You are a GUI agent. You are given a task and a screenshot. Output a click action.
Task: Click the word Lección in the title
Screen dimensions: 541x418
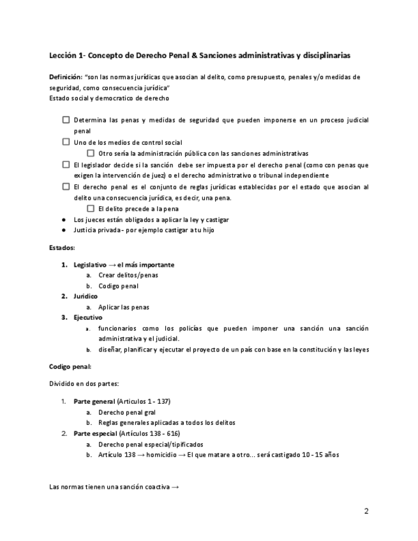click(x=63, y=56)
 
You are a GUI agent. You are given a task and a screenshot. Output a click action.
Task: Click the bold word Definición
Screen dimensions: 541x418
click(x=65, y=77)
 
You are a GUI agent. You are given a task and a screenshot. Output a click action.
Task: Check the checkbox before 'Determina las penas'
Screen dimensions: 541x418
click(x=66, y=120)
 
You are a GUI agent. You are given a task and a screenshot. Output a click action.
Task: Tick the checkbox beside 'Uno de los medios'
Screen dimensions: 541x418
click(x=66, y=142)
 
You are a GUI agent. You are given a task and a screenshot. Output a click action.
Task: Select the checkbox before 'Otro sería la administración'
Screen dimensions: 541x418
click(x=91, y=153)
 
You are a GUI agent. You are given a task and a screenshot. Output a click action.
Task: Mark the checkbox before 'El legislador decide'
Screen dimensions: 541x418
click(x=66, y=164)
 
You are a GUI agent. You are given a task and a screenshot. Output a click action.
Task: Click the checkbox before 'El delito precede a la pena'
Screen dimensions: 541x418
click(x=91, y=208)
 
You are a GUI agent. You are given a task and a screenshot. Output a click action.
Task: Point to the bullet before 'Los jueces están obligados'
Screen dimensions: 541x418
click(x=64, y=219)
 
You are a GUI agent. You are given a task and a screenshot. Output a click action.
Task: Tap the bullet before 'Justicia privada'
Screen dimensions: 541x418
click(x=64, y=230)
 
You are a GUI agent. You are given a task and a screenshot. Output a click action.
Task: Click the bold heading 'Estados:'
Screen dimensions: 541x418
click(x=62, y=248)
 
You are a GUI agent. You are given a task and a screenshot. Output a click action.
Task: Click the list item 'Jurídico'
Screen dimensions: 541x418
click(x=86, y=296)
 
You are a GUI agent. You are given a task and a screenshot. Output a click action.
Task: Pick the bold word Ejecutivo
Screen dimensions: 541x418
click(x=88, y=317)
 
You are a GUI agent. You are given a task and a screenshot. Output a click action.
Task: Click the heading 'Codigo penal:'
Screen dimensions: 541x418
click(x=70, y=367)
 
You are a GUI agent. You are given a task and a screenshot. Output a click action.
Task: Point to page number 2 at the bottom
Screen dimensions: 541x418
click(x=366, y=511)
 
